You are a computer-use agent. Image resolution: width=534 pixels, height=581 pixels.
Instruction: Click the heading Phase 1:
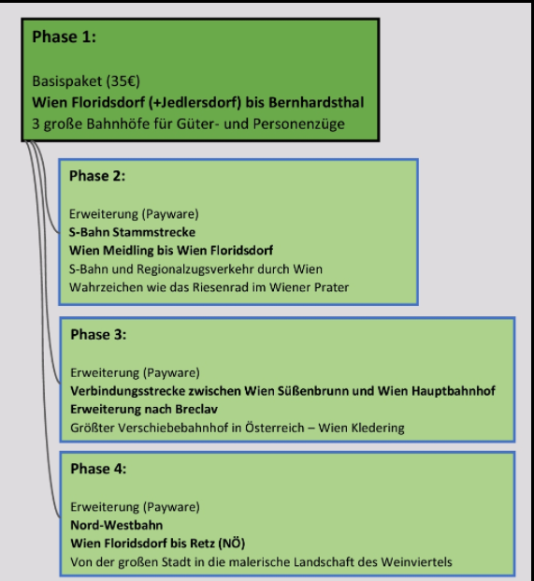65,36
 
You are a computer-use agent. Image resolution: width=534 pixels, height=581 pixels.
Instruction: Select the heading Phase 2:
97,176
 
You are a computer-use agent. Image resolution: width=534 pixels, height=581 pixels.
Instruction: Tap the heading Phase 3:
98,334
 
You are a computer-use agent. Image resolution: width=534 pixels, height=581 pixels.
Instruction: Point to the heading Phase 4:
98,469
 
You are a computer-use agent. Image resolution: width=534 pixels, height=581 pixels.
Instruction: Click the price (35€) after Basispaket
123,81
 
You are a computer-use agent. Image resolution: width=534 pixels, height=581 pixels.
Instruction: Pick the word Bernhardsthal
316,102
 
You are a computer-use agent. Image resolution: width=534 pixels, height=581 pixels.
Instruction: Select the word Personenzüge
299,124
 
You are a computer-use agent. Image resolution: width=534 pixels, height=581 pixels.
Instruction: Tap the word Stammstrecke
154,232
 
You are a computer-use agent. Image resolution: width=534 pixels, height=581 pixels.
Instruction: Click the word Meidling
128,251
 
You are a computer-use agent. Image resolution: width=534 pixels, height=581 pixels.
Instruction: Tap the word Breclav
196,409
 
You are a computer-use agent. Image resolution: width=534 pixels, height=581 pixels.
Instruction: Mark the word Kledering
378,428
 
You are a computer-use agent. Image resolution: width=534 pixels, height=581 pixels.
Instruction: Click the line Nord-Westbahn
117,525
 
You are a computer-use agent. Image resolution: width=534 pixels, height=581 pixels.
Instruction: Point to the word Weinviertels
416,562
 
